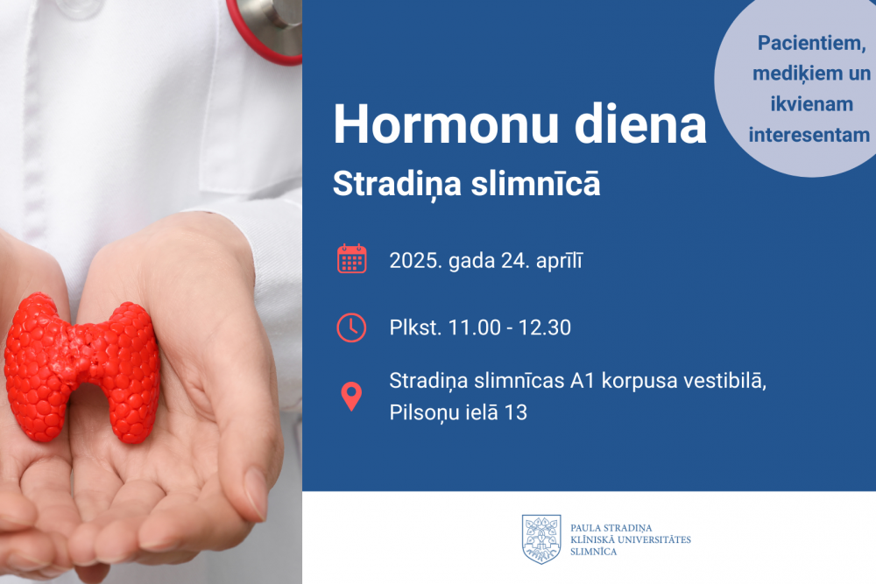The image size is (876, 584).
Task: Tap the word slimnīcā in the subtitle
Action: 535,183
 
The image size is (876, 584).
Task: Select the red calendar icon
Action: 351,259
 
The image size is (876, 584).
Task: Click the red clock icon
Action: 351,327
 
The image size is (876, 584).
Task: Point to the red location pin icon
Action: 351,397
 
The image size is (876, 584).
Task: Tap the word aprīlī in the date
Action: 559,261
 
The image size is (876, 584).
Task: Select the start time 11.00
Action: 474,327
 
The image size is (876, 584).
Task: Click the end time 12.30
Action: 545,327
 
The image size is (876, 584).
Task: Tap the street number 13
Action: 516,412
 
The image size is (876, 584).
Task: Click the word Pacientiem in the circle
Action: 811,43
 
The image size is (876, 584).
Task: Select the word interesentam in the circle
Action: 809,135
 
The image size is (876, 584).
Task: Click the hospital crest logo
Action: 541,538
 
